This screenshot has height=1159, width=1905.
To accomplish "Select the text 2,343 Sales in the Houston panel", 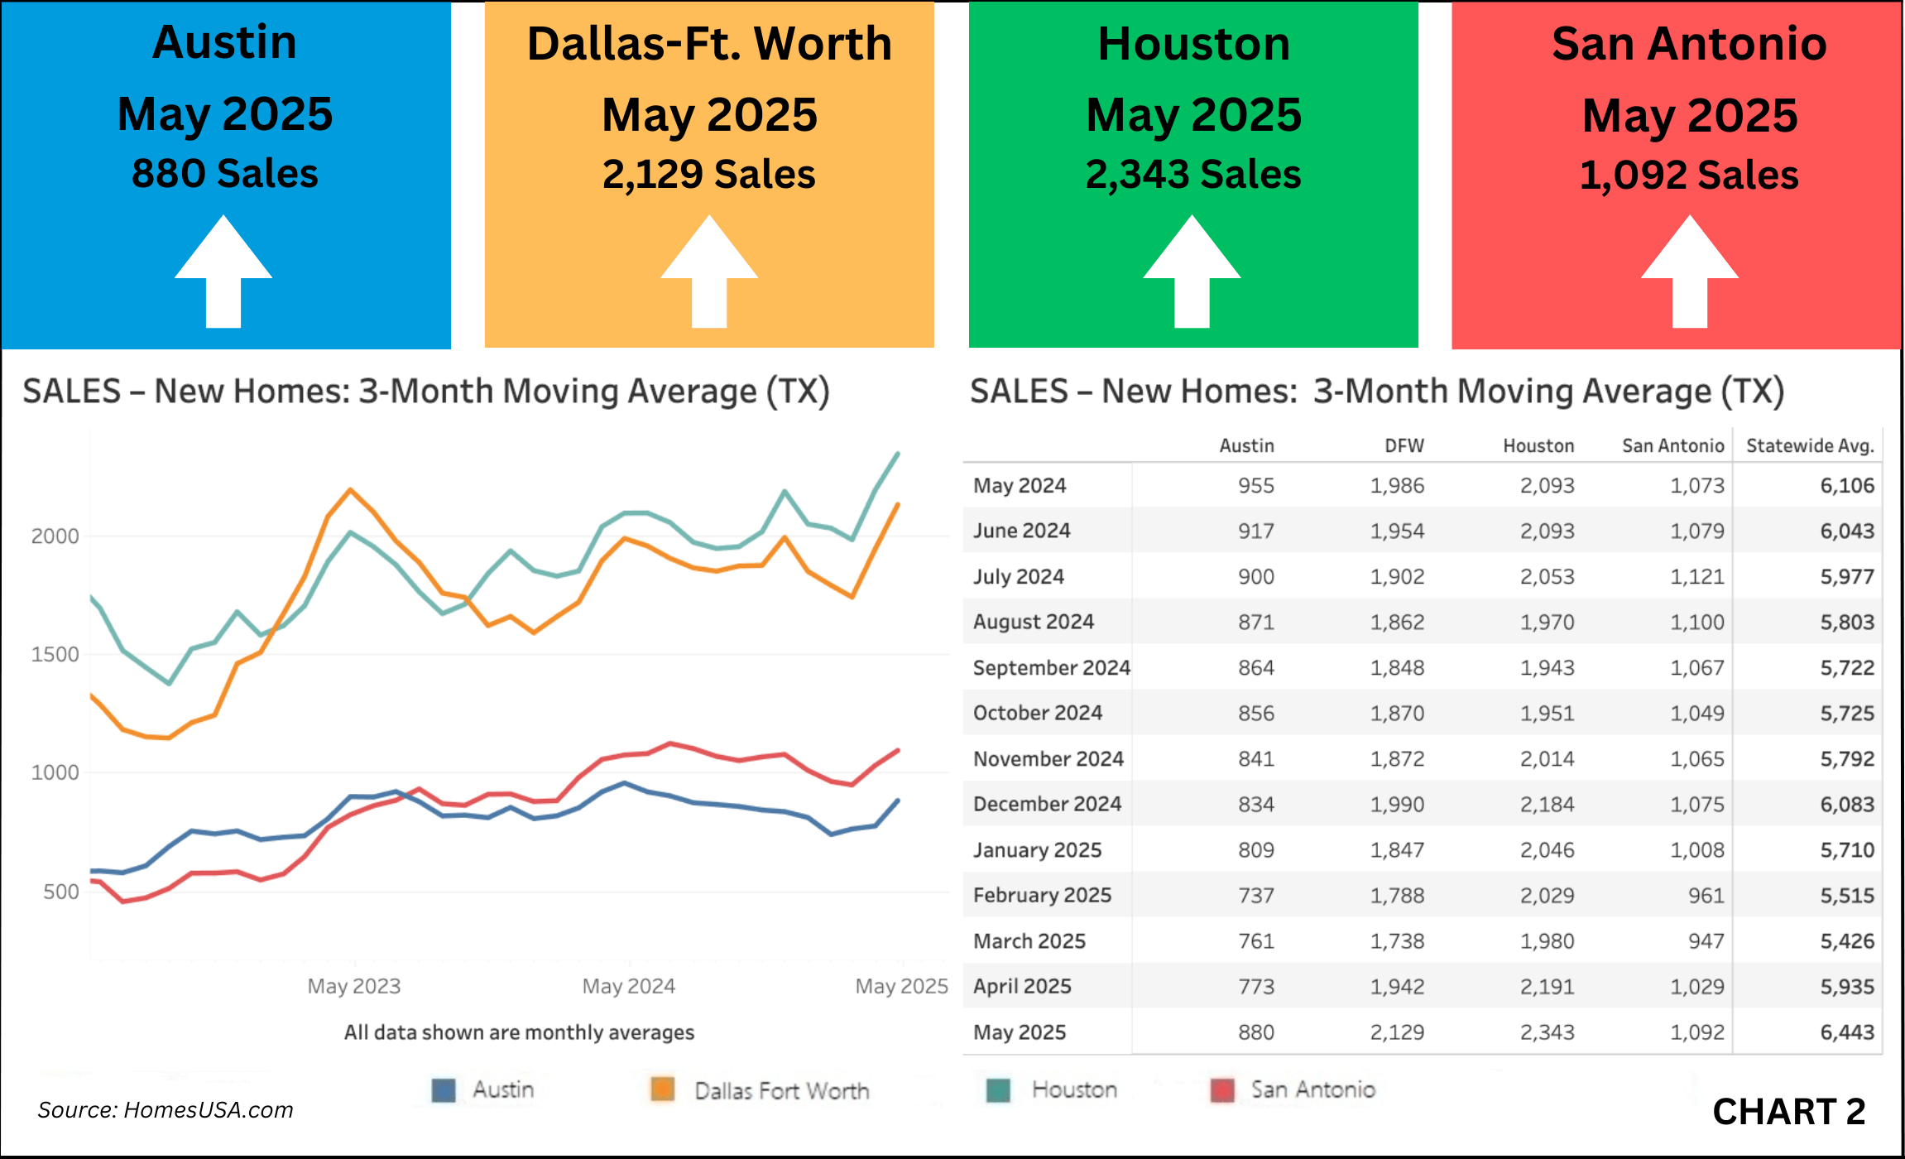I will click(x=1192, y=175).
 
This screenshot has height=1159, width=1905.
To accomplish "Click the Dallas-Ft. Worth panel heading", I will click(x=709, y=44).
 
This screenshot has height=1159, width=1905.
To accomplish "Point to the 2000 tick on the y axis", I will click(x=55, y=536).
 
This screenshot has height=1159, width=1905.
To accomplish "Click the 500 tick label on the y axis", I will click(x=60, y=892).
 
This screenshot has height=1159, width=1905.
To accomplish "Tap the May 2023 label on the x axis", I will click(x=354, y=986).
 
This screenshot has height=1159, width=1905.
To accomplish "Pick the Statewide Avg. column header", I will click(x=1810, y=445).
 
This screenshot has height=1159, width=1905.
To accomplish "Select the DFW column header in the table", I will click(x=1404, y=445).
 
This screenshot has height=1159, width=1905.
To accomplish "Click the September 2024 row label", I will click(x=1051, y=667).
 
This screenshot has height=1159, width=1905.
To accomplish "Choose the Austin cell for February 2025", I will click(x=1256, y=895).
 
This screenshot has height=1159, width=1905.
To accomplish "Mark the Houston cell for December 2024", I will click(x=1547, y=804).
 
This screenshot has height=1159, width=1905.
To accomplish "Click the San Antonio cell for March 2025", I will click(x=1706, y=940).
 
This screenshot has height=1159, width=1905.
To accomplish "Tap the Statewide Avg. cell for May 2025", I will click(x=1847, y=1032).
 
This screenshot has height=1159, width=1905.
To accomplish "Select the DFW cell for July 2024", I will click(x=1397, y=576).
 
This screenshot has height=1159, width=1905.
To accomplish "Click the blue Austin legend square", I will click(x=444, y=1090).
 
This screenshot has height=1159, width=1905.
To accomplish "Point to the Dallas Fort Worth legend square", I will click(x=663, y=1089).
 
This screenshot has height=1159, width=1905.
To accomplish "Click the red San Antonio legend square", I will click(x=1222, y=1090).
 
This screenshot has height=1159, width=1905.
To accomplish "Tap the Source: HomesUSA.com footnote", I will click(x=166, y=1110).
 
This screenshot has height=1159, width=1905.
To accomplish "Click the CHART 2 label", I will click(x=1788, y=1112).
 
